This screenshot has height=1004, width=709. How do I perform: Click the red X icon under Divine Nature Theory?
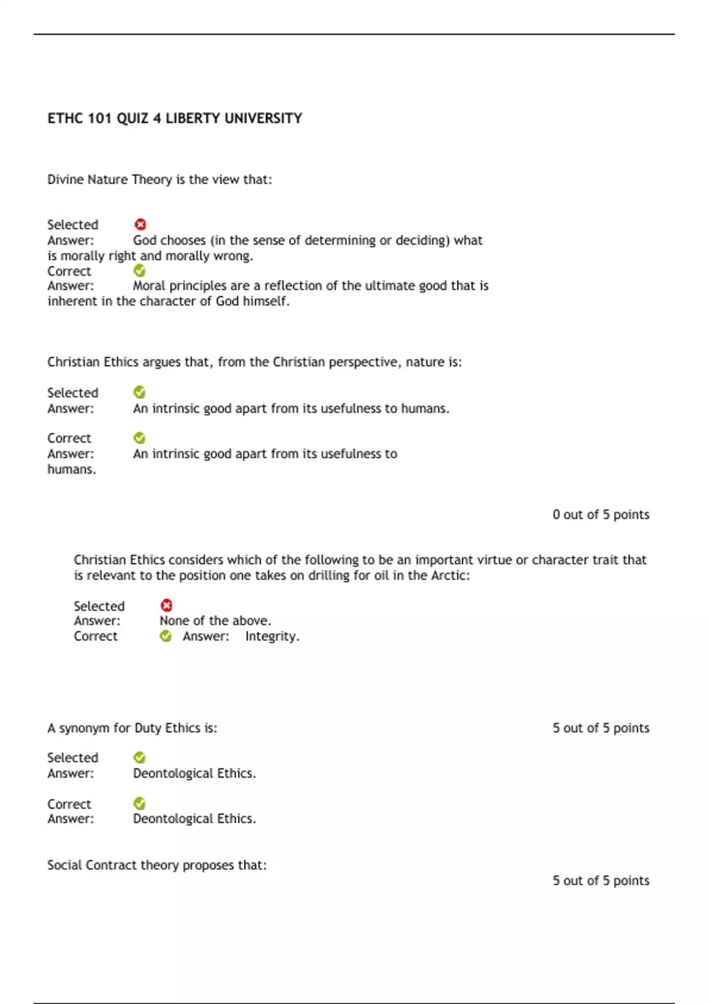click(140, 224)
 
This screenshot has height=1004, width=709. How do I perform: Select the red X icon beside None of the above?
click(167, 605)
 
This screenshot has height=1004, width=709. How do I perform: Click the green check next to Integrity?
click(166, 636)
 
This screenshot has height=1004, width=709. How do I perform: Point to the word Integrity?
click(272, 637)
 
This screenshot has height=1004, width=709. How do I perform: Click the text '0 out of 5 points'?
click(601, 515)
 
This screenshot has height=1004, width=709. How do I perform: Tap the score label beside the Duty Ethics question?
click(601, 728)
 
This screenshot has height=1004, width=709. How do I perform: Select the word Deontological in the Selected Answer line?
click(173, 774)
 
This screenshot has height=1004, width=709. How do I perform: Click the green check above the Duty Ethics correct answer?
click(139, 803)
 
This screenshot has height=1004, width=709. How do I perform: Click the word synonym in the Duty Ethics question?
click(84, 728)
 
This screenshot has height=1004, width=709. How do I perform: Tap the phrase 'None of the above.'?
click(215, 621)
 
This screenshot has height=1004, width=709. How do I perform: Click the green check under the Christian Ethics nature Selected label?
click(139, 392)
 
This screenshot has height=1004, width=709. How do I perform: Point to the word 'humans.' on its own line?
click(71, 470)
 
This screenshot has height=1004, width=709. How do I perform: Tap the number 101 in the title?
click(99, 119)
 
